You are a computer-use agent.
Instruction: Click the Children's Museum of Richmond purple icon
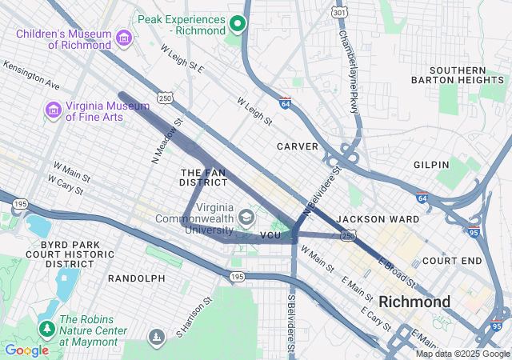point(123,38)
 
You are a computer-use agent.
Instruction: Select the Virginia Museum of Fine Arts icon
point(54,109)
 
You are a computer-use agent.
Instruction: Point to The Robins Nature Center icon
point(46,327)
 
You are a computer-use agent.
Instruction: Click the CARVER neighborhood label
point(298,146)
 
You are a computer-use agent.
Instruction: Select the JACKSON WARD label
point(367,218)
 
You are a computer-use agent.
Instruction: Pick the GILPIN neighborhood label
point(431,164)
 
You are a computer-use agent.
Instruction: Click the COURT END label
point(452,261)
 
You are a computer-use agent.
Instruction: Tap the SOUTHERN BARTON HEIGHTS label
point(459,74)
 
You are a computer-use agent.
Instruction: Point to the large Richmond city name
point(415,302)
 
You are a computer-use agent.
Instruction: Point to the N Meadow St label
point(167,142)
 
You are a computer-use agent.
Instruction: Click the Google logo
point(26,350)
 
